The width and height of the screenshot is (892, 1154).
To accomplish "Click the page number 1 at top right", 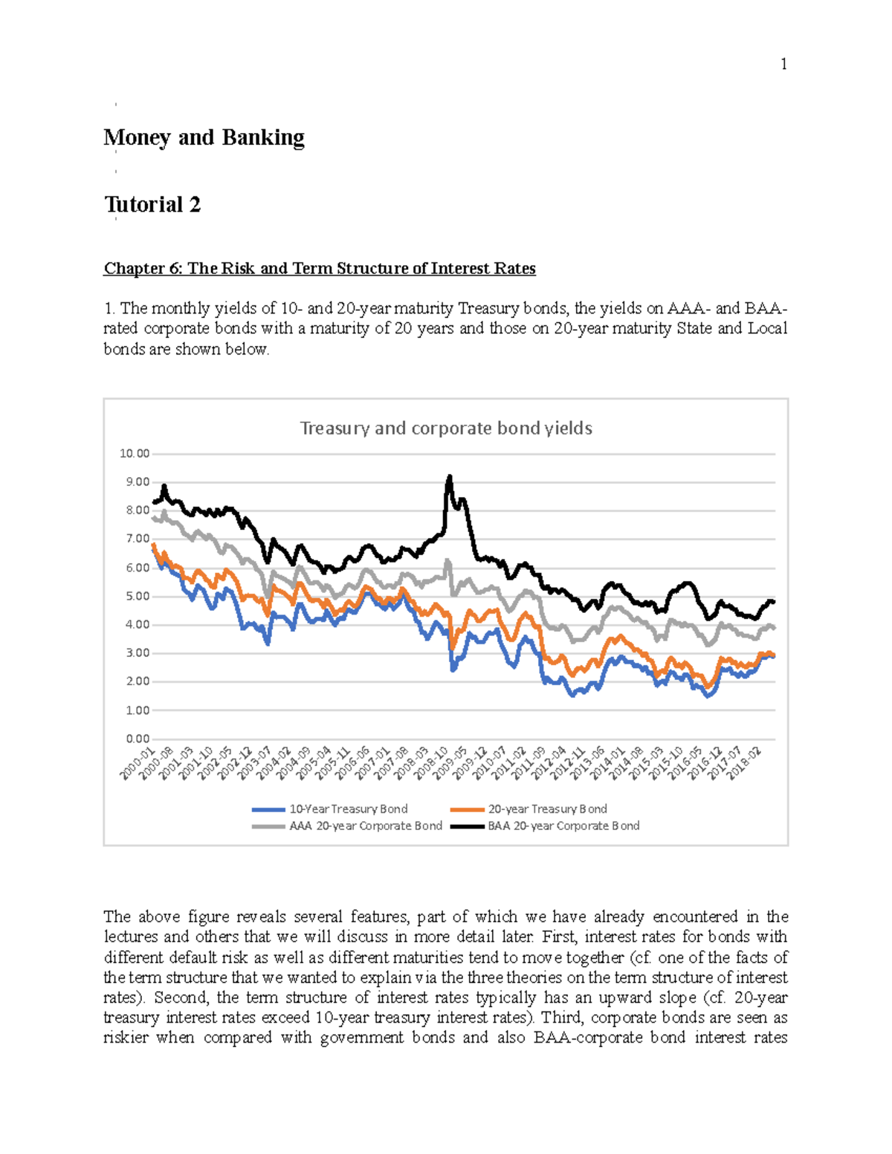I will (x=783, y=64).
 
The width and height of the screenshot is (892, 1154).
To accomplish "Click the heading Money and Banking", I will (x=204, y=137).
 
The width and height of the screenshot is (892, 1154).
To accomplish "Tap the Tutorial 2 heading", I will (x=152, y=204).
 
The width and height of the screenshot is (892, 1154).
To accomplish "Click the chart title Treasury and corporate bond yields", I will (x=446, y=428).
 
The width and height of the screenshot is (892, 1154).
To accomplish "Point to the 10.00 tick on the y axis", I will (x=135, y=453).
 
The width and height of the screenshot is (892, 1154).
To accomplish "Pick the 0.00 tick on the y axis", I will (x=138, y=739).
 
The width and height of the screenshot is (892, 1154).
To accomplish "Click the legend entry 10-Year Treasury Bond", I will (x=348, y=808).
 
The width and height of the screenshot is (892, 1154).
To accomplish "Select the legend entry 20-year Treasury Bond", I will (x=547, y=808).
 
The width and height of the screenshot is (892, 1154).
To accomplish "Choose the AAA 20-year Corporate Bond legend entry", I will (x=365, y=826).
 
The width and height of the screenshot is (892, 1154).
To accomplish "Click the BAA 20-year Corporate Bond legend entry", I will (x=563, y=826).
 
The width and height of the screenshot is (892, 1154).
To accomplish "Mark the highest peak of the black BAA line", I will (x=449, y=477).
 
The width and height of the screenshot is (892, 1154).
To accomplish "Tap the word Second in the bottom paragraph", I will (x=176, y=997).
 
